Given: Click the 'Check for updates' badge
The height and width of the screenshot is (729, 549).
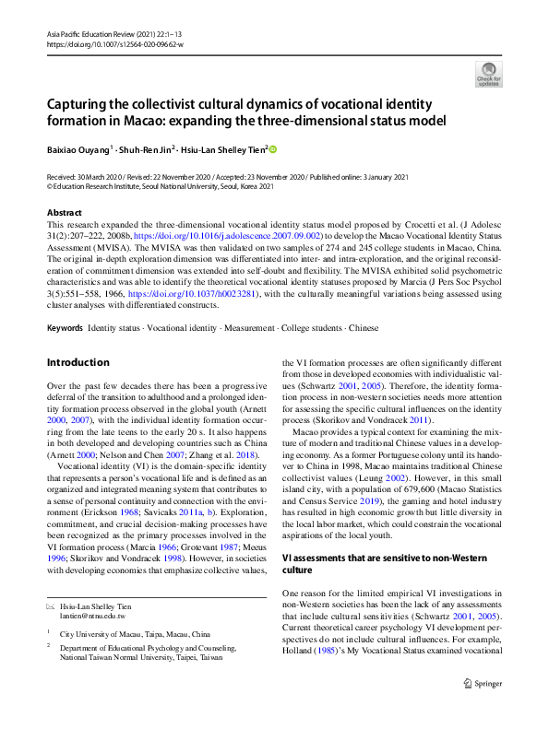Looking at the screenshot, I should point(488,74).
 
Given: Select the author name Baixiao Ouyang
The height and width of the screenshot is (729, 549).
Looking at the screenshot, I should point(79,148).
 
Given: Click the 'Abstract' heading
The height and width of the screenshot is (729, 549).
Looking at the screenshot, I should point(64,212).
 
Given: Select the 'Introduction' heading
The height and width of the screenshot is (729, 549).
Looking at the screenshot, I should point(78,362).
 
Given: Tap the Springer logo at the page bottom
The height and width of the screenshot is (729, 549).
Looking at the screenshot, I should point(483,710).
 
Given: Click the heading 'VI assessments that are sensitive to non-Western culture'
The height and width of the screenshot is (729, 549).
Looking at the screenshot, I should point(388,565).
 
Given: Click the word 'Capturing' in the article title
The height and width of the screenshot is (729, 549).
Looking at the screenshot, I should point(84,104).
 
